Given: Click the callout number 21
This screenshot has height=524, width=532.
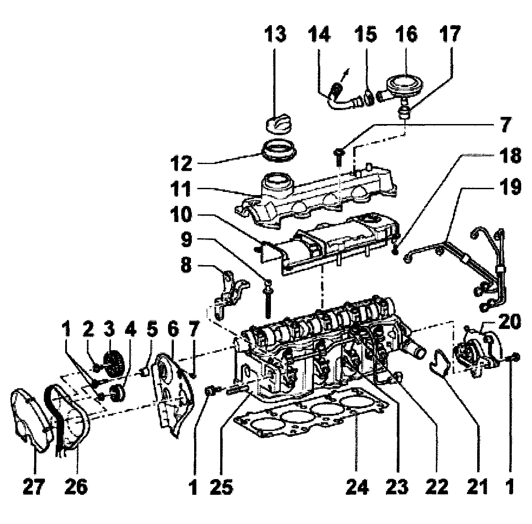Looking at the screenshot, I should pos(476,486).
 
